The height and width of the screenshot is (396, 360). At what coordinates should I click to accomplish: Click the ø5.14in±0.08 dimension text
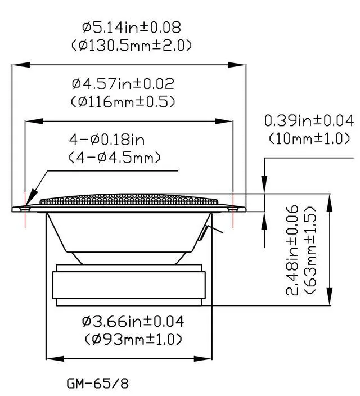point(132,27)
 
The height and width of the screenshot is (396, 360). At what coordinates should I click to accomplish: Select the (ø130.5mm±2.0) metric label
point(132,46)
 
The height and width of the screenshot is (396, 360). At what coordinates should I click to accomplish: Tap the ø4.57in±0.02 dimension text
point(123,84)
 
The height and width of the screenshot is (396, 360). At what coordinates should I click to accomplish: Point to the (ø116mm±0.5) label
point(123,101)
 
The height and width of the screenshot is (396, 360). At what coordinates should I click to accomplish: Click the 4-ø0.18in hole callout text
point(107,139)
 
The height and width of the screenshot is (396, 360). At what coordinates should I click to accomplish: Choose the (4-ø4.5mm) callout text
point(114,157)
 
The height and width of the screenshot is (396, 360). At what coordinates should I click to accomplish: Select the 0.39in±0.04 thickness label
point(309,120)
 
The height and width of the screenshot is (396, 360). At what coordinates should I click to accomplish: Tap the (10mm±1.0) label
point(309,138)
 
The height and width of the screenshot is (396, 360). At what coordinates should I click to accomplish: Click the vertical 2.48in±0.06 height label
point(292,250)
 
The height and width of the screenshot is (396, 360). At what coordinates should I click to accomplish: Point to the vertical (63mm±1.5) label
point(310,250)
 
